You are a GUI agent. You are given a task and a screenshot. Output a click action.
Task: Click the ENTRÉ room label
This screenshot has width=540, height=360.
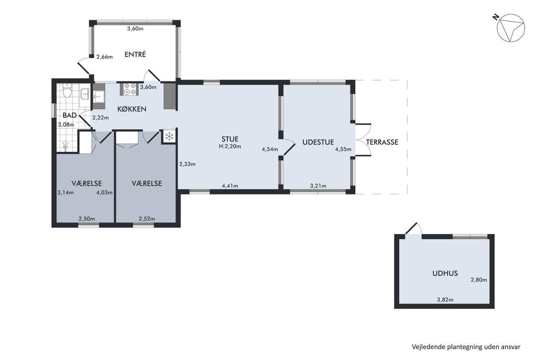[x=135, y=54]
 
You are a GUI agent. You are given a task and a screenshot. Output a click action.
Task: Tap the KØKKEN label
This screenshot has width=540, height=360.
[x=132, y=109]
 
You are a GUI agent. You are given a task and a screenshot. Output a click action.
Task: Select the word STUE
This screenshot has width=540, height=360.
[x=230, y=139]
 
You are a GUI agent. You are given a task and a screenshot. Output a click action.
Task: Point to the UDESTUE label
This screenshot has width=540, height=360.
[x=318, y=142]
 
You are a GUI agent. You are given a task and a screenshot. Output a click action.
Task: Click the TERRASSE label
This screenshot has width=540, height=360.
[x=382, y=142]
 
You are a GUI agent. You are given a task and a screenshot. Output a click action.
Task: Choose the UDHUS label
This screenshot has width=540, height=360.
[x=445, y=273]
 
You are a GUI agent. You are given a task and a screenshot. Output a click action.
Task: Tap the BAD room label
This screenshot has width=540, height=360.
[x=70, y=115]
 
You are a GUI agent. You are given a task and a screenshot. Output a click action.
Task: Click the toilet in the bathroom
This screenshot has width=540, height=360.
[x=67, y=91]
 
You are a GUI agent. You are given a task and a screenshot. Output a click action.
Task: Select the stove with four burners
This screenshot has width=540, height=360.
[x=129, y=89]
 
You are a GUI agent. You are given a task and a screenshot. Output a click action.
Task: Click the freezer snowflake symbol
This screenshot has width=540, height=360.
[x=169, y=136]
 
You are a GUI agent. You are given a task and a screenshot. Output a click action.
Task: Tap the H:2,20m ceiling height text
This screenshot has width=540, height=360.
[x=230, y=146]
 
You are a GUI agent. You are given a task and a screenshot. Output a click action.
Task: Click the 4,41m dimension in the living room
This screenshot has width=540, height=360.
[x=230, y=185]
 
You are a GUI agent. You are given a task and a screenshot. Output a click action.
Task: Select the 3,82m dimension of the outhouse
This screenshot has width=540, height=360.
[x=445, y=300]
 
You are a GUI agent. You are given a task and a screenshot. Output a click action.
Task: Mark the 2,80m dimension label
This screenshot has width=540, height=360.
[x=479, y=280]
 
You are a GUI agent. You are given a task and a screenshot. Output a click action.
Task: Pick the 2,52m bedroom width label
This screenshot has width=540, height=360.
[x=147, y=219]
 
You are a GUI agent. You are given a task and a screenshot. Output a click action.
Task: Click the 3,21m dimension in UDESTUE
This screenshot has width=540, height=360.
[x=318, y=185]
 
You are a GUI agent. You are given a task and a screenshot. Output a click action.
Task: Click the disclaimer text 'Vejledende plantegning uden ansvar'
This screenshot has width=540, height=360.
[x=466, y=347]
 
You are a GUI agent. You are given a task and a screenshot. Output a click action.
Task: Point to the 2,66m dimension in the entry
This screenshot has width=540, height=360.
[x=105, y=57]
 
